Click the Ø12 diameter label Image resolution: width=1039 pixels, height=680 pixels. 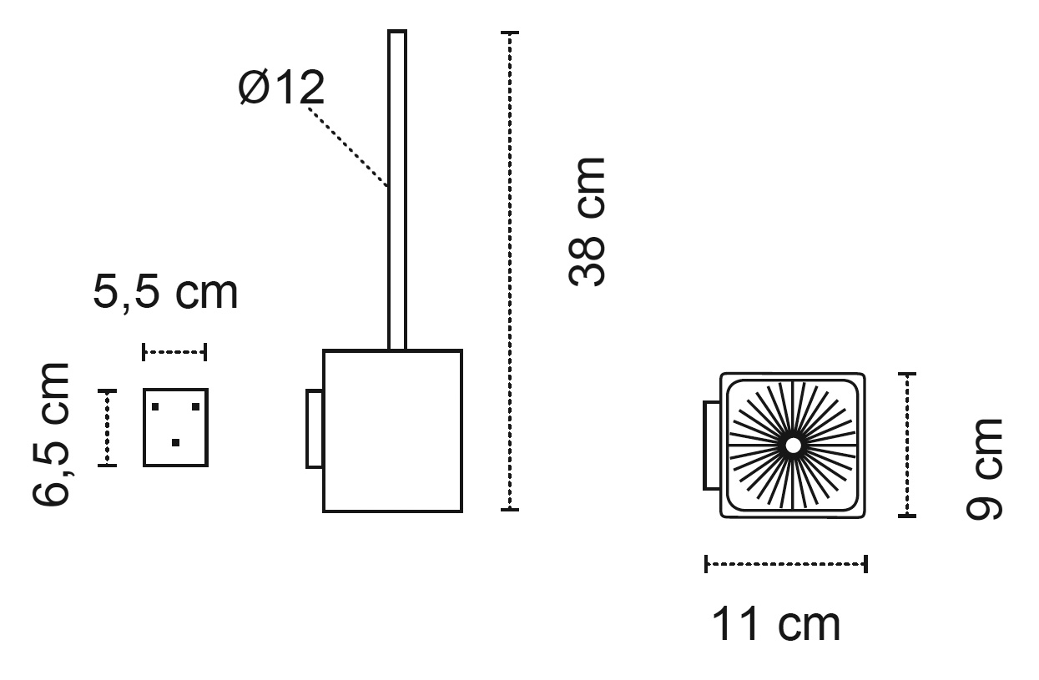281,88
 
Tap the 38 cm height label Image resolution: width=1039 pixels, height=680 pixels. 587,222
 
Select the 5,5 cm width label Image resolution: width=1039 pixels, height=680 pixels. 165,293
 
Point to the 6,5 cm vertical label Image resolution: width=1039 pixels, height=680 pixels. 51,434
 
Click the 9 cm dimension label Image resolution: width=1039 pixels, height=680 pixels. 984,469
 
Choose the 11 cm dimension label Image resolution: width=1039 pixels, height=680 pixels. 775,624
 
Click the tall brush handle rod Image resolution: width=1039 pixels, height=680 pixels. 397,190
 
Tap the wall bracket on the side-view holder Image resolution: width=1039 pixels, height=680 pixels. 315,429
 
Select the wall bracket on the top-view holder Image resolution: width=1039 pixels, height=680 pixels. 712,446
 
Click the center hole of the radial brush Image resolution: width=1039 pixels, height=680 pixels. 793,446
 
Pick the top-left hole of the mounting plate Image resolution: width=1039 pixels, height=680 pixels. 155,407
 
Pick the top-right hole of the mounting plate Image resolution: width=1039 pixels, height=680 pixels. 196,407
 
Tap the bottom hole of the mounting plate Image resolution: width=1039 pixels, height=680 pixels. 175,442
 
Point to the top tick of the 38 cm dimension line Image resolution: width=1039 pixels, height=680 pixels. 510,33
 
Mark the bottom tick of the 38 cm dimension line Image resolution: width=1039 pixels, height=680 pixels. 510,510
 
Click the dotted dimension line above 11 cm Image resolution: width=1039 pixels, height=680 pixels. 786,564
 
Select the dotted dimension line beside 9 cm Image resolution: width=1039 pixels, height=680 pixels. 907,445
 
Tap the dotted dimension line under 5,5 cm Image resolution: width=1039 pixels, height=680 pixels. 174,352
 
